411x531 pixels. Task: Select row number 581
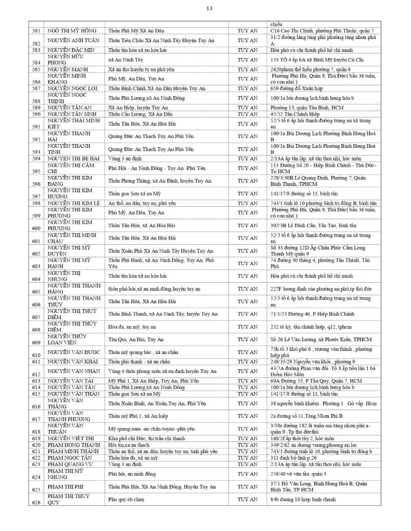point(36,31)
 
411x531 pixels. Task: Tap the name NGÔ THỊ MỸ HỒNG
point(72,31)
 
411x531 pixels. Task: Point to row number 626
point(36,502)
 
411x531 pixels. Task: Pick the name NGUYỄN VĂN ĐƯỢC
point(73,352)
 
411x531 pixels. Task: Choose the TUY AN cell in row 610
point(248,352)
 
